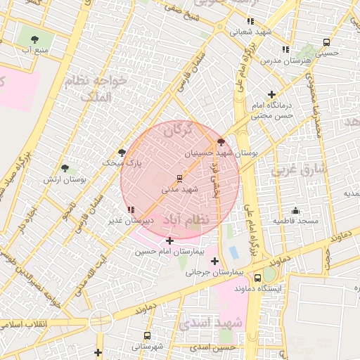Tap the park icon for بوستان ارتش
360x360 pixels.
65,168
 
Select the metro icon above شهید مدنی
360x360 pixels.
179,178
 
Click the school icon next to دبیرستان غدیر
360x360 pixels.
131,210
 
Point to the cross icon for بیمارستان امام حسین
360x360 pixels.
169,240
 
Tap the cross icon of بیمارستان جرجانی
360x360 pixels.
214,262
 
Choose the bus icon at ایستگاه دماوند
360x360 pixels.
257,278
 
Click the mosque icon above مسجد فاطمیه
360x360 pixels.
295,210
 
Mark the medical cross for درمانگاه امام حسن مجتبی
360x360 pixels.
272,94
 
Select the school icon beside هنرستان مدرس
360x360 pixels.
285,49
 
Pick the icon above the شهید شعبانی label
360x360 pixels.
251,21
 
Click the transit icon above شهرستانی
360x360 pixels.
147,335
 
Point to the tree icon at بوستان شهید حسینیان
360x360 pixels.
222,141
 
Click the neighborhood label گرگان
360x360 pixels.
177,130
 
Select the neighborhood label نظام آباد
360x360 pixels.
186,220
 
